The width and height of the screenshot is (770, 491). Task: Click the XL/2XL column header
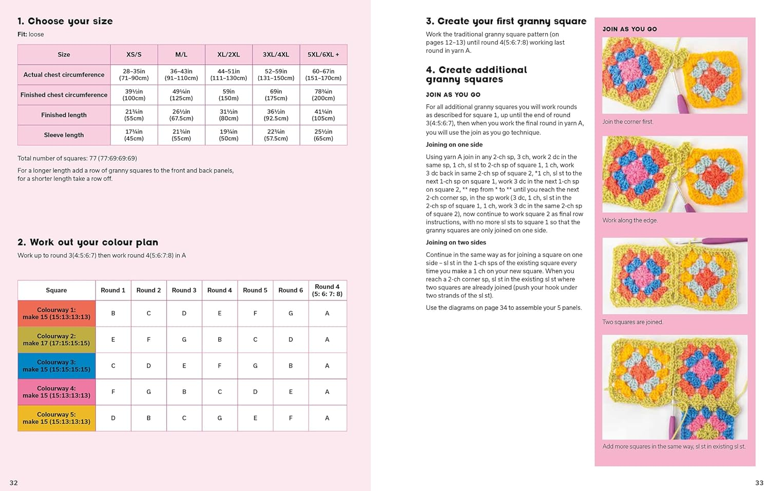[228, 54]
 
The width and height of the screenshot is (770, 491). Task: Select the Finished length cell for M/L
[181, 115]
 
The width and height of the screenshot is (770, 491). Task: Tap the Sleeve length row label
[64, 135]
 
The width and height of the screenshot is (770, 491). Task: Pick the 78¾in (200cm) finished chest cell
[323, 95]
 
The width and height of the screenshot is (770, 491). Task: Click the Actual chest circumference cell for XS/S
[134, 75]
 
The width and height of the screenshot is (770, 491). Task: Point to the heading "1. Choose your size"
[65, 21]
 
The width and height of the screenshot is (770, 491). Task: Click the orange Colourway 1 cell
[56, 313]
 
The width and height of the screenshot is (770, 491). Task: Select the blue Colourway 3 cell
[56, 366]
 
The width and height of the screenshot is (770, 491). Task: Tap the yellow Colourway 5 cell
[56, 418]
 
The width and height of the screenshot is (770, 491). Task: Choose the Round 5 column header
[255, 290]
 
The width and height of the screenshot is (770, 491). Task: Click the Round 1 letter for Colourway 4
[113, 392]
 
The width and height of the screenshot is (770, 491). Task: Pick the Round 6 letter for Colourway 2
[291, 339]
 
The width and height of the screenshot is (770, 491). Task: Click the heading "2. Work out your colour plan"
[88, 242]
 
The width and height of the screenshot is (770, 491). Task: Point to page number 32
[14, 483]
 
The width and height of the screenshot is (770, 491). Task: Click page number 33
[759, 483]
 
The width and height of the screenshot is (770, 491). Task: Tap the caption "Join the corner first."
[628, 122]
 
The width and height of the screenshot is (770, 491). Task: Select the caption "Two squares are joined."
[632, 322]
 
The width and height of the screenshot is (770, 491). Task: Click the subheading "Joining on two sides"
[456, 242]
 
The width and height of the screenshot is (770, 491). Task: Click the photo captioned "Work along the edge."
[675, 174]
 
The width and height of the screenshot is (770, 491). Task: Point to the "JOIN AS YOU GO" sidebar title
[629, 29]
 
